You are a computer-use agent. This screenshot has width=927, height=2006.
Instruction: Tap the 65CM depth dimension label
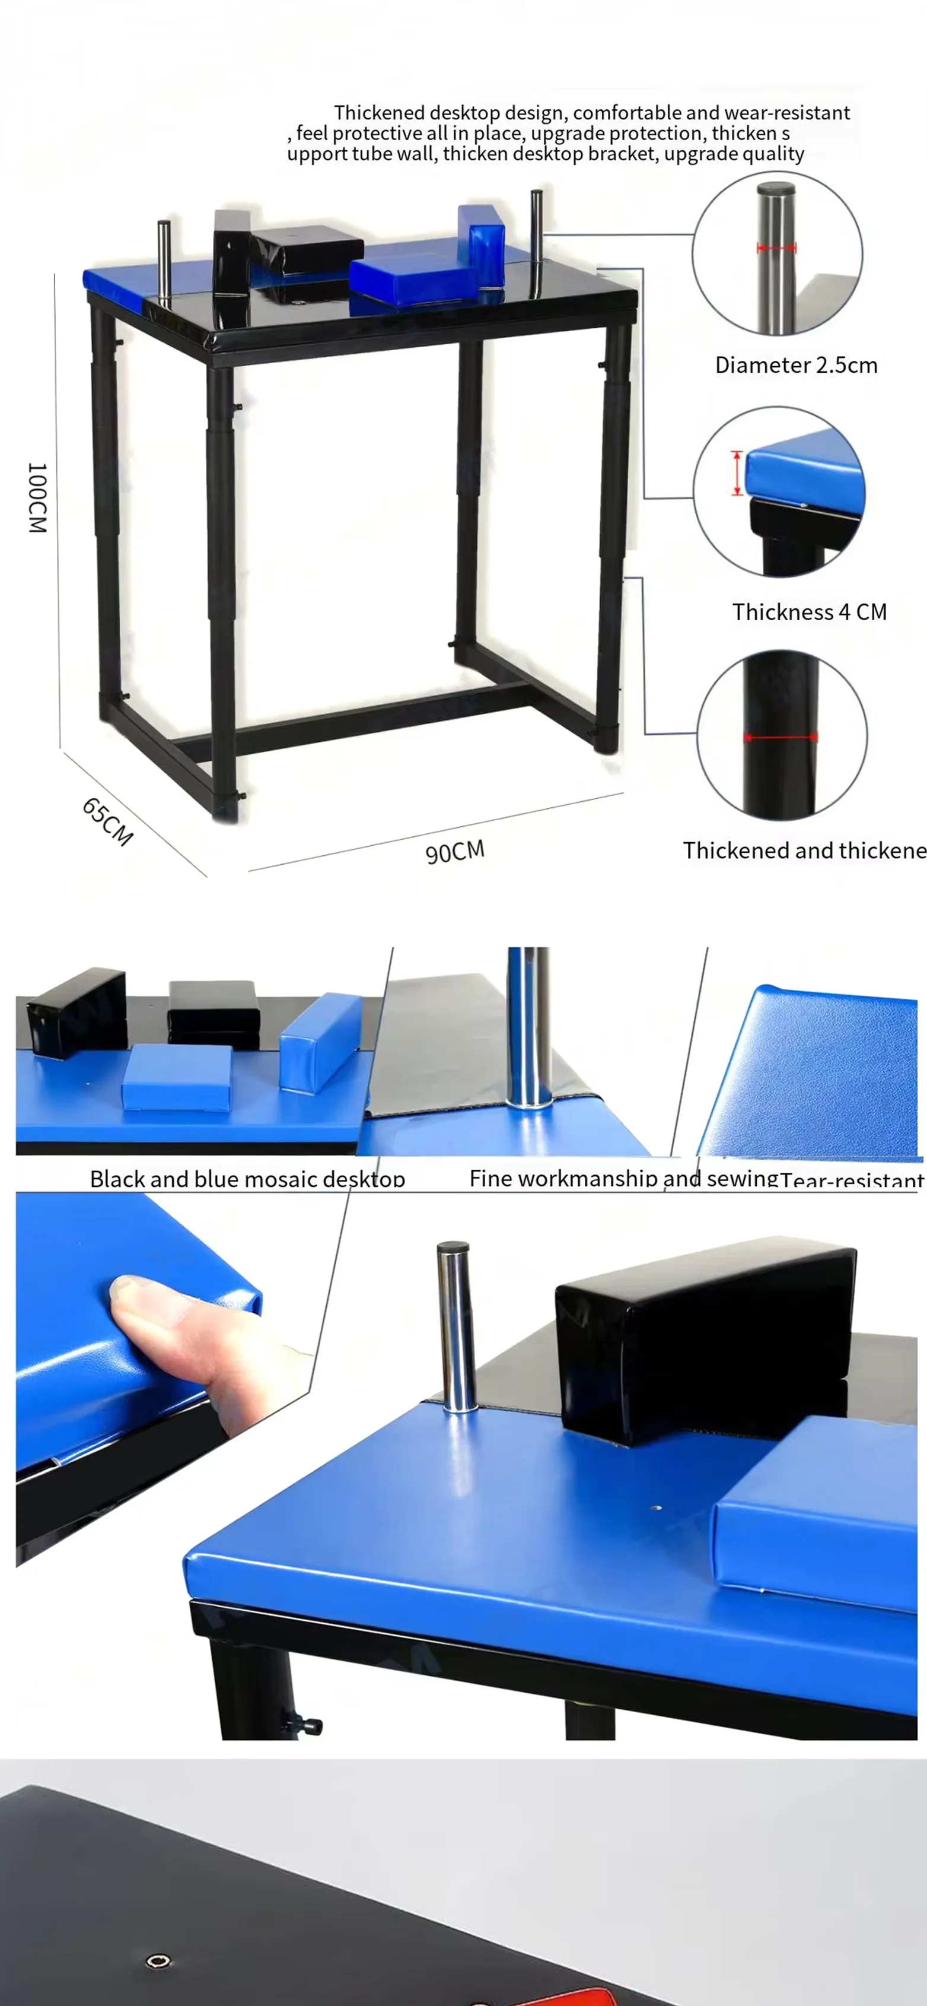click(107, 821)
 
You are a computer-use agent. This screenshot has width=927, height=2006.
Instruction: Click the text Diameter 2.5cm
click(795, 365)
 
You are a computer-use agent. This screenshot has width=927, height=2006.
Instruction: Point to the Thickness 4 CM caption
click(809, 612)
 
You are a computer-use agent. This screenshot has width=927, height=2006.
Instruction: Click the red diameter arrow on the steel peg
click(776, 249)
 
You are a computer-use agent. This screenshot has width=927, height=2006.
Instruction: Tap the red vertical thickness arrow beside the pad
click(736, 472)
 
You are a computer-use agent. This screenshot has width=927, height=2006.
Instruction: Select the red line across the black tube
click(780, 737)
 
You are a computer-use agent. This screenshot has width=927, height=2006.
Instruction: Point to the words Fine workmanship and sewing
click(623, 1178)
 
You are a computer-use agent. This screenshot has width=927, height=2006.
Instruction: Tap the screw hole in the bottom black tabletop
click(158, 1960)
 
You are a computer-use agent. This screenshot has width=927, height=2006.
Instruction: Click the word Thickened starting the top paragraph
click(379, 113)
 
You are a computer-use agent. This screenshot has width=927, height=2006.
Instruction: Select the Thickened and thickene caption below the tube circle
click(804, 850)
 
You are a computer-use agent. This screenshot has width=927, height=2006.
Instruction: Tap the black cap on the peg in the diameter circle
click(776, 189)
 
